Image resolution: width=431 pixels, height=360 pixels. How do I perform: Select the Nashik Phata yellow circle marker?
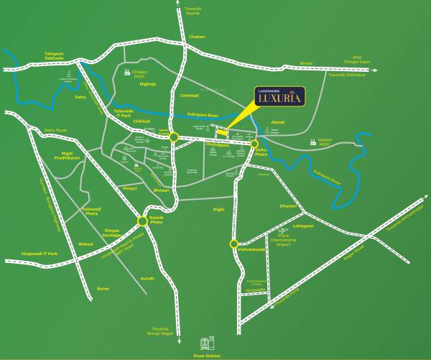(x=142, y=221)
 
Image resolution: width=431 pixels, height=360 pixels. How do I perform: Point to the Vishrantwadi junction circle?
(x=233, y=244)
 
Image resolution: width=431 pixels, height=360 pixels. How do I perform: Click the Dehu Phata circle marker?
(x=254, y=144)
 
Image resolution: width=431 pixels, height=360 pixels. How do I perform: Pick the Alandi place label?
(x=278, y=123)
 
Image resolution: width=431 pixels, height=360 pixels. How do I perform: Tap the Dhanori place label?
(x=288, y=206)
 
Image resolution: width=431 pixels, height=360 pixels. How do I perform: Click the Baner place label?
(x=103, y=288)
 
